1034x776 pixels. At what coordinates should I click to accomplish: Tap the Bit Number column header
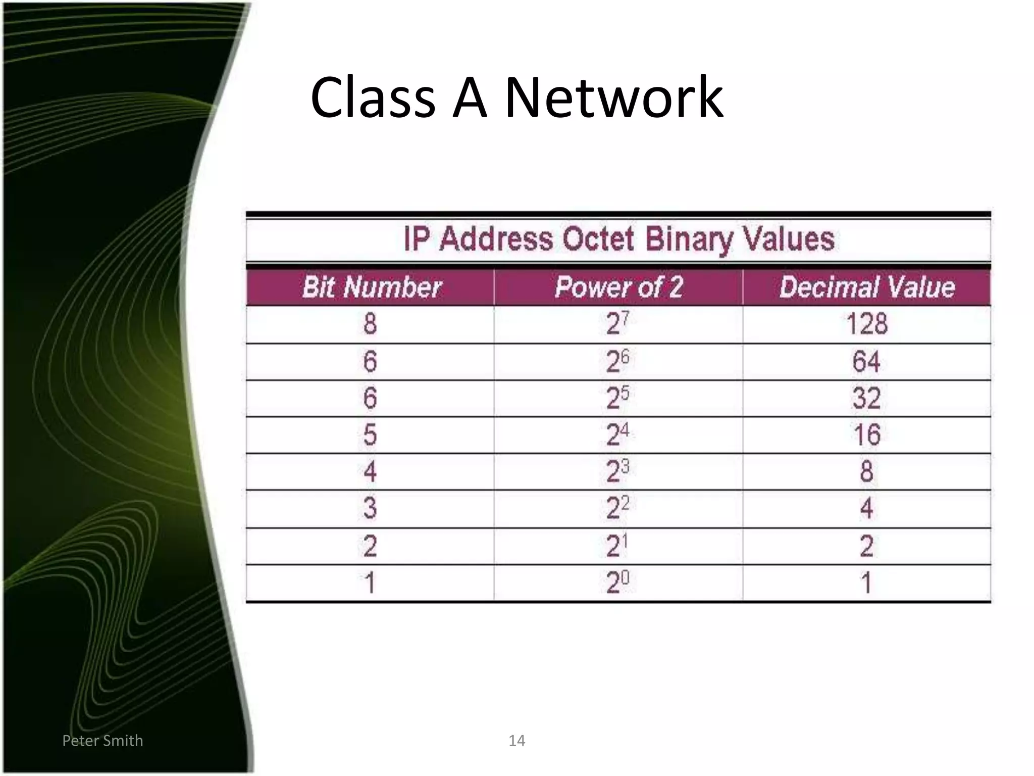point(372,287)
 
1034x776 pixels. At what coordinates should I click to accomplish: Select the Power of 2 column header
point(618,287)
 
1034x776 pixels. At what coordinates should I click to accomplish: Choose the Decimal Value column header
point(867,287)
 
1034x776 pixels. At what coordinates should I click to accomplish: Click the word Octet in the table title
point(598,239)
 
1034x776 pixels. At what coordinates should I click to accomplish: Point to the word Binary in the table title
point(689,239)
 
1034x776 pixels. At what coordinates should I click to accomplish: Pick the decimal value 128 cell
point(866,324)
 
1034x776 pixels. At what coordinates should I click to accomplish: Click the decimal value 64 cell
point(866,361)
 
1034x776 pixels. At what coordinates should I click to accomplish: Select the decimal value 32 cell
point(866,398)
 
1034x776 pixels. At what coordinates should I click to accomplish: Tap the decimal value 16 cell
point(866,435)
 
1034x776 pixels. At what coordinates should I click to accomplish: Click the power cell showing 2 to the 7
point(617,324)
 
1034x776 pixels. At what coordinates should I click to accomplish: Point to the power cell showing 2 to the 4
point(617,435)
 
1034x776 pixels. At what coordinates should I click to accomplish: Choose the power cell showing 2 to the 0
point(617,583)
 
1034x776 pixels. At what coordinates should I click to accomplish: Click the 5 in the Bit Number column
point(370,435)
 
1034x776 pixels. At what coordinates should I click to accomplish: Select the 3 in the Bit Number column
point(370,508)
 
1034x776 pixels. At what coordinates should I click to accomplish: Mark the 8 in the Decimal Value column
point(866,471)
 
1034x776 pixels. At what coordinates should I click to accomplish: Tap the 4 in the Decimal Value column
point(866,508)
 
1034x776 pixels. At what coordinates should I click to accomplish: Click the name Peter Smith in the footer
point(102,741)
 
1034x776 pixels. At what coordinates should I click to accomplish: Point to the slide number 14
point(516,741)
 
